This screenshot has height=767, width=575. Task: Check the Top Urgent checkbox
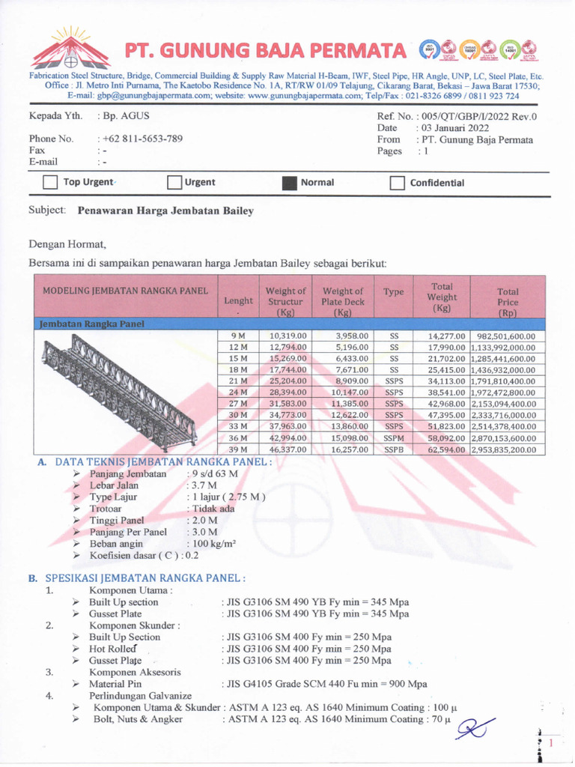(51, 183)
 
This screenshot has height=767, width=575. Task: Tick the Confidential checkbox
(398, 183)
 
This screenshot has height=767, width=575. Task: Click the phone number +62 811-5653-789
(142, 139)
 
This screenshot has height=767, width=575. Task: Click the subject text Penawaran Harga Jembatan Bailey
(165, 211)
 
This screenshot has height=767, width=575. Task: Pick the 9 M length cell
(237, 336)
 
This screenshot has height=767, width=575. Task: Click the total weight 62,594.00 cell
(447, 449)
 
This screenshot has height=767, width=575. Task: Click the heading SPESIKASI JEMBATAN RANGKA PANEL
(146, 578)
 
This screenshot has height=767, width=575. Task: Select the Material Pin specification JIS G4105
(324, 684)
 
